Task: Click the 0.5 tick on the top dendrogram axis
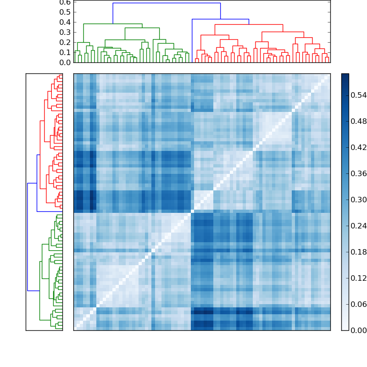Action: pos(65,12)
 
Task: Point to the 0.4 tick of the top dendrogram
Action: pos(65,22)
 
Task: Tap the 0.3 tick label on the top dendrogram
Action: pos(65,32)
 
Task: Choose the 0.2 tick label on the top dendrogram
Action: pos(65,42)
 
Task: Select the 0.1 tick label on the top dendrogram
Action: pos(65,52)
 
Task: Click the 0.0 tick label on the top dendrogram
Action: pos(65,62)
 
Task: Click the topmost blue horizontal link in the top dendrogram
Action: pos(166,3)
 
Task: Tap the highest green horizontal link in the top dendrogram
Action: pos(113,24)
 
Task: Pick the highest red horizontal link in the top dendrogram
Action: pos(249,24)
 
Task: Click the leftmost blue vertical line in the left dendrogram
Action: pos(28,237)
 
